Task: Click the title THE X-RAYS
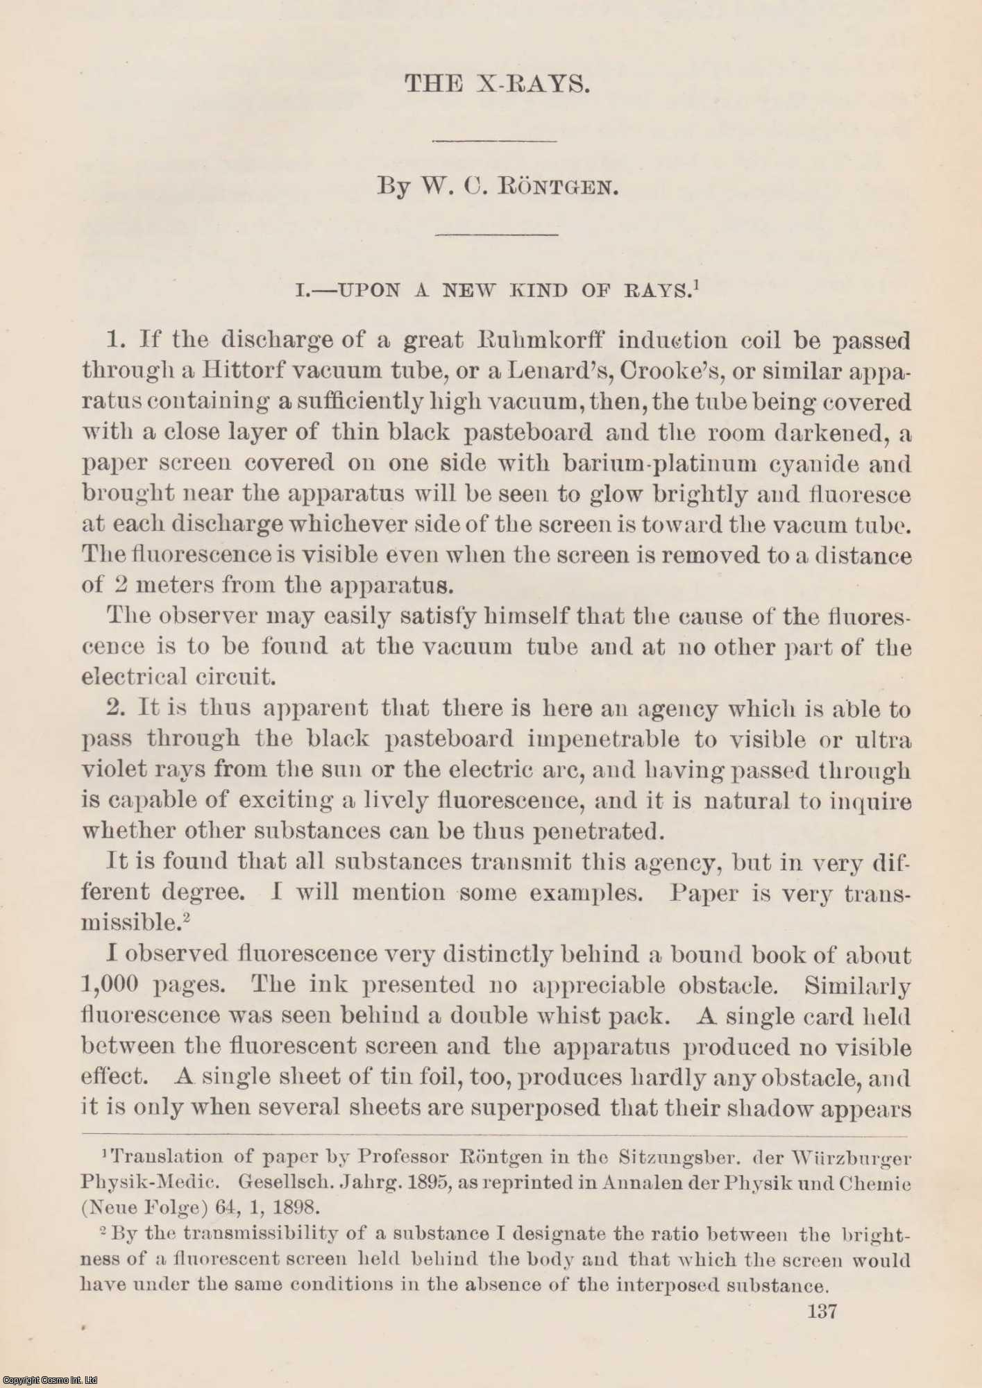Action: coord(497,84)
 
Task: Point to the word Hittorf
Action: coord(243,371)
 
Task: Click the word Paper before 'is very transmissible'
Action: coord(704,893)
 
